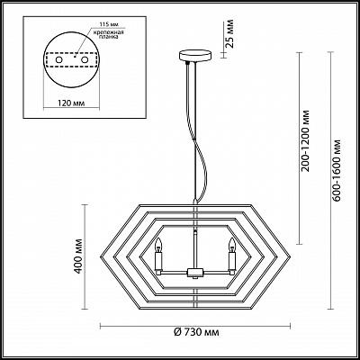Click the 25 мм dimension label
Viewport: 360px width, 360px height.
229,33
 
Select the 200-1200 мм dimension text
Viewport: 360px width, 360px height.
305,141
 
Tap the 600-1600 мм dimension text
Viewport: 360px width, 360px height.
337,170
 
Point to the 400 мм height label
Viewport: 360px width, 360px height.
79,256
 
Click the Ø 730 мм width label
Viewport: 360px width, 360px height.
196,332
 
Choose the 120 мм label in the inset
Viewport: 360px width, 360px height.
71,103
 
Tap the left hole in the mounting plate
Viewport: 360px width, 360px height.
59,60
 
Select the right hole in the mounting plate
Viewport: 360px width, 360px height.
85,60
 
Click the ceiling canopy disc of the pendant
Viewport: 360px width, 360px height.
195,56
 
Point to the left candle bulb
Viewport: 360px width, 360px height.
158,245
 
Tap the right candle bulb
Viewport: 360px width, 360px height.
232,245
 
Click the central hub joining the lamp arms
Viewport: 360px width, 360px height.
195,272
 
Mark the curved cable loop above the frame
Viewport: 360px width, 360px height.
198,150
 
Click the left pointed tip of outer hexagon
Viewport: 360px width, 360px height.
100,257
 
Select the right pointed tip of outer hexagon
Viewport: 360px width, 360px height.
291,257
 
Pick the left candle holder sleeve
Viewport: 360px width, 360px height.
158,261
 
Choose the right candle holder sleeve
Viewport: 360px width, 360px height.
232,261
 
